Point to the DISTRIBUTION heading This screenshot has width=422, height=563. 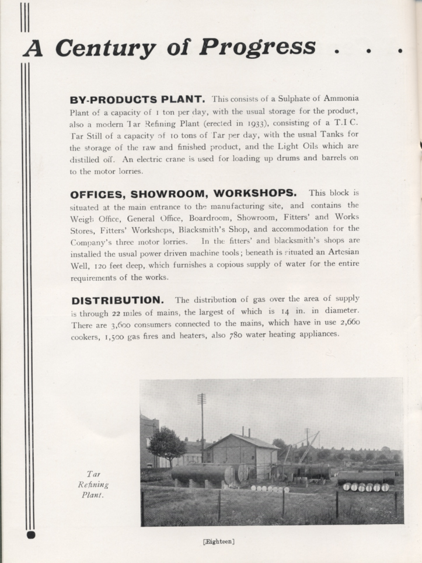[117, 300]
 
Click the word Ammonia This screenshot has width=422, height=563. [342, 98]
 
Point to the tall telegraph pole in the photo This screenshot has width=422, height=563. [202, 420]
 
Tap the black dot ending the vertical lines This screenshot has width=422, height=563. [31, 534]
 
